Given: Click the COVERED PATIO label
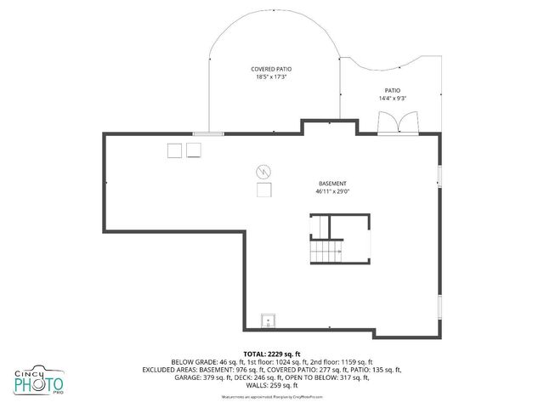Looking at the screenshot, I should tap(271, 69).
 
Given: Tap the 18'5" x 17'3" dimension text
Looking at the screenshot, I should tap(271, 77).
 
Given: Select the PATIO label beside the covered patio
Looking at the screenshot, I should tap(392, 90).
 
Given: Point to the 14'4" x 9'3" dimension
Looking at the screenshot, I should tap(392, 99).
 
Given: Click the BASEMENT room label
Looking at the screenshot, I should tap(332, 184).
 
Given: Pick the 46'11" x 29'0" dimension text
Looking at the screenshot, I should tap(332, 192).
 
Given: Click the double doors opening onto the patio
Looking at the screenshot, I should tap(398, 124).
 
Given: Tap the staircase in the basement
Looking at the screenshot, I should tap(325, 252).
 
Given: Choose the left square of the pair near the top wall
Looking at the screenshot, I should tap(174, 150).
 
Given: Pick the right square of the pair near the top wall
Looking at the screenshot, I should tap(194, 150).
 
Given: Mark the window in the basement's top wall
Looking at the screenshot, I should tap(208, 133).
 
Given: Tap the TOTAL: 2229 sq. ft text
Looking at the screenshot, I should tap(272, 354).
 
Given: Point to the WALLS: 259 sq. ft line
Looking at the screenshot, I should tap(272, 385).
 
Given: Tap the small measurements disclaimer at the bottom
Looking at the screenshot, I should tap(272, 396).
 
